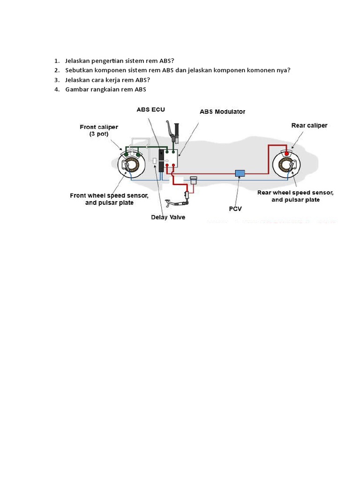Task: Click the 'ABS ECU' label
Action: [x=150, y=110]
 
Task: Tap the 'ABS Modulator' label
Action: [x=222, y=112]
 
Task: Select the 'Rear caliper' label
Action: [x=309, y=125]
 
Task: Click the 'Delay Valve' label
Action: [x=168, y=217]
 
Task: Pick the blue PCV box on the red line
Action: [x=240, y=173]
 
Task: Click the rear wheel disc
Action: [x=287, y=166]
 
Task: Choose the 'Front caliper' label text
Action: [x=99, y=127]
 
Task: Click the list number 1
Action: [x=56, y=61]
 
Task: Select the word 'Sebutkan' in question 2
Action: [x=79, y=70]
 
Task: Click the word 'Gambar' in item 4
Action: [x=77, y=90]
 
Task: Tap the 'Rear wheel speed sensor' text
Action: [x=296, y=192]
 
